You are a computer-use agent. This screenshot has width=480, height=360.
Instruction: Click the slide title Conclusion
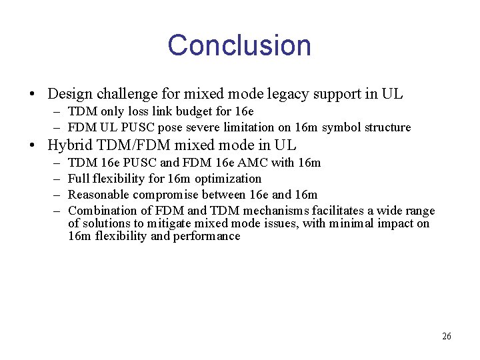tap(239, 45)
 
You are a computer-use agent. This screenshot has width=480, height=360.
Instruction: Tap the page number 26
tap(446, 336)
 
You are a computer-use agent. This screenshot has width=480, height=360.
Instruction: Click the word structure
tap(387, 127)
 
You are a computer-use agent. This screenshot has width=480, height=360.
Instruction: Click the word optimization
tap(228, 179)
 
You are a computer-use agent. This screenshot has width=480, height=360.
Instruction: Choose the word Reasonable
tap(99, 195)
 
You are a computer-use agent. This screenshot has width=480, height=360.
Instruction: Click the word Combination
tap(101, 211)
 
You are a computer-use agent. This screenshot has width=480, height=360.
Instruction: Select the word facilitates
tap(333, 211)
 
